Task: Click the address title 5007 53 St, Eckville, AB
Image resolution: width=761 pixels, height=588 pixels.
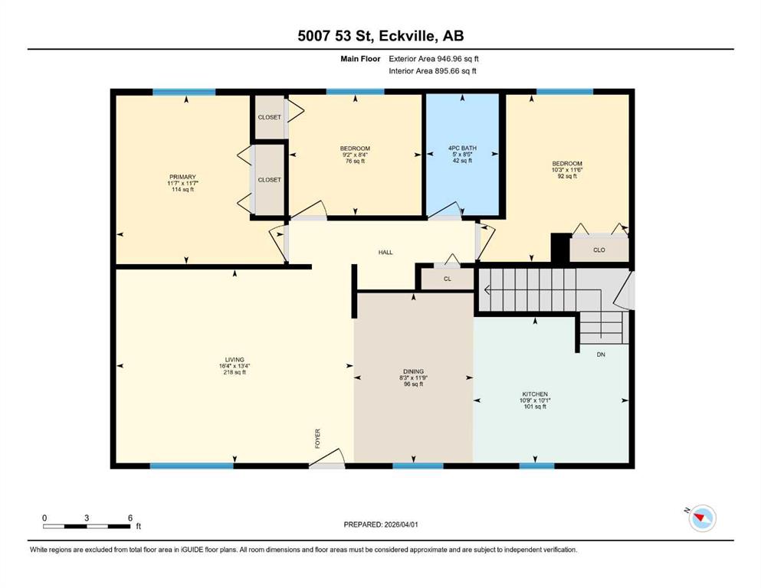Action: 380,36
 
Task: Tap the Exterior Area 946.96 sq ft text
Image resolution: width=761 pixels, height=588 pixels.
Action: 434,59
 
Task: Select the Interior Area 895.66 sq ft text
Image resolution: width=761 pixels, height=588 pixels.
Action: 432,70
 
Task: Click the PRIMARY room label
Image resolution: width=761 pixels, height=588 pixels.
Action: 182,177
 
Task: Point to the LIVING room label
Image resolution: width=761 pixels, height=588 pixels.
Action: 235,360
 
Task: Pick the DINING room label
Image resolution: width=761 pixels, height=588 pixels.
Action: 414,371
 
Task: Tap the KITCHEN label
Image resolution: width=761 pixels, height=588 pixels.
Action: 535,394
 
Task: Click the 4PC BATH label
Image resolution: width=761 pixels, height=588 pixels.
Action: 462,148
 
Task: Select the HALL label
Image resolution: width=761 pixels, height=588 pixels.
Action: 385,252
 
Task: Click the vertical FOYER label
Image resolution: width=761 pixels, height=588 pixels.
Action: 318,438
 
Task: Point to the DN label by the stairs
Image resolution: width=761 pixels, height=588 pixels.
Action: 601,354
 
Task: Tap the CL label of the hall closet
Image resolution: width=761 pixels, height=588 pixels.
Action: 448,279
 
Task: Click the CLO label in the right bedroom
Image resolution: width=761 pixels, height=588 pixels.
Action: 599,250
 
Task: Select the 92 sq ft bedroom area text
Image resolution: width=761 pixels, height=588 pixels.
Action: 567,176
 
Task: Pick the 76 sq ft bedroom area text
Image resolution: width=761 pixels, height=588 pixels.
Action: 355,161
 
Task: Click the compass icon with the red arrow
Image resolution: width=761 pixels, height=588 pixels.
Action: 702,518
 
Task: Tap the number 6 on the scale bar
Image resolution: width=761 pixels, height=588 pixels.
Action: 130,518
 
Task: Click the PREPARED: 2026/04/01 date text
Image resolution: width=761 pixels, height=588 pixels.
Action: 380,524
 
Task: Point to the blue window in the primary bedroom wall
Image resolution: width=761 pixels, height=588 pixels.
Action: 184,92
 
